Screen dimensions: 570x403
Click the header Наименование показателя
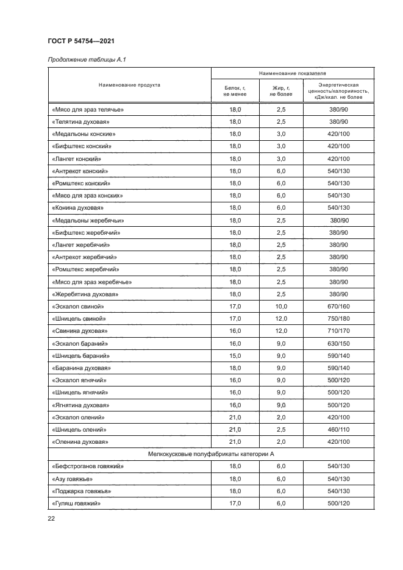coord(292,73)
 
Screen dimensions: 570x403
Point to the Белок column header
coord(235,91)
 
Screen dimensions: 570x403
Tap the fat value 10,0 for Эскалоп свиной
coord(281,306)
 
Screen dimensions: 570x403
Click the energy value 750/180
coord(338,318)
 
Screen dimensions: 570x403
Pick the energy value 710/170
coord(338,331)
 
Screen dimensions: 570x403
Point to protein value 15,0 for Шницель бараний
coord(235,355)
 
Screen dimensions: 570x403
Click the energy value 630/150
coord(338,343)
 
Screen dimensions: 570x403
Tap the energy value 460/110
coord(338,429)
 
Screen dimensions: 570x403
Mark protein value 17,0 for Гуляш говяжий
coord(235,504)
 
